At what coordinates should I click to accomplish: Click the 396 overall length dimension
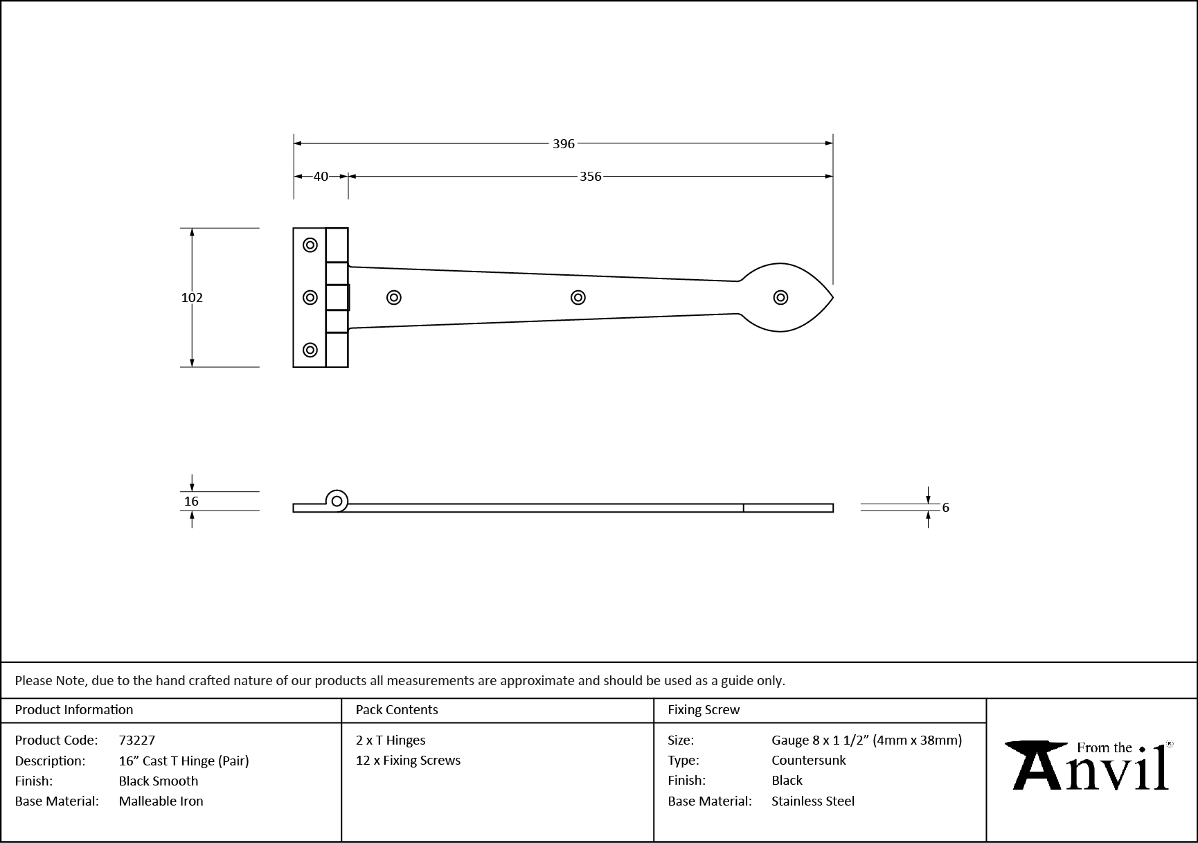pos(564,144)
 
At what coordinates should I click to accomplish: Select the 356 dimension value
pos(590,177)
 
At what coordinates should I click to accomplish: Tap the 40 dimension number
pos(321,177)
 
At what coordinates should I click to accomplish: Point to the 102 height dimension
pos(192,298)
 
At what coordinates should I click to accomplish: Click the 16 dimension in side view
pos(192,502)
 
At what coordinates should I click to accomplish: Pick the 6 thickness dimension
pos(945,508)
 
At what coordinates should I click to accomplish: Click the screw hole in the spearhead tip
pos(780,298)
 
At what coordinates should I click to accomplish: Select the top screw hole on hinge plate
pos(310,245)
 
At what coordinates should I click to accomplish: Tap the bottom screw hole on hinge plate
pos(310,350)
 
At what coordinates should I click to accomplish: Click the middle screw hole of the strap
pos(578,298)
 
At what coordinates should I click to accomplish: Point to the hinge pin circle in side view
pos(337,501)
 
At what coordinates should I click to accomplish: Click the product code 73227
pos(137,740)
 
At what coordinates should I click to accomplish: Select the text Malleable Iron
pos(161,801)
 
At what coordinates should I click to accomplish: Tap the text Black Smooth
pos(158,781)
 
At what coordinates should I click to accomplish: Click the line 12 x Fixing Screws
pos(408,761)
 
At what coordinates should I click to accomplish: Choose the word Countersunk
pos(808,761)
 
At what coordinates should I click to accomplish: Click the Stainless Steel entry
pos(812,801)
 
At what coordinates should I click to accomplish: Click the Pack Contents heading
pos(396,710)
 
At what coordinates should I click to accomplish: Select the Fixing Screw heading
pos(703,710)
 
